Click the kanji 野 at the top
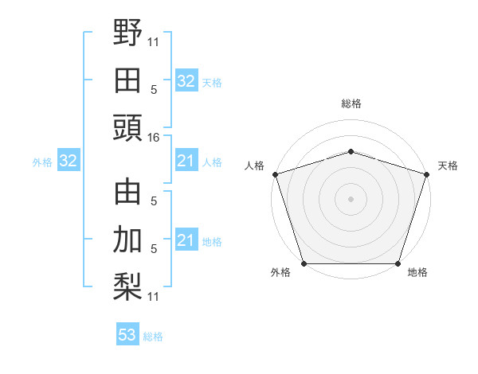[x=127, y=33]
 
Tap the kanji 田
[x=127, y=80]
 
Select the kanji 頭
[x=127, y=127]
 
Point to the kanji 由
[x=127, y=193]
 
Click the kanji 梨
[x=127, y=286]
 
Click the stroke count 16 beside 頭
[x=154, y=138]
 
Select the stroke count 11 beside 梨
[x=154, y=296]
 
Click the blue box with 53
[x=127, y=335]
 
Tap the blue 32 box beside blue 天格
[x=186, y=81]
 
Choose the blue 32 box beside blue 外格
[x=68, y=162]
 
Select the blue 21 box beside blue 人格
[x=186, y=162]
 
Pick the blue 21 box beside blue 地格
[x=186, y=240]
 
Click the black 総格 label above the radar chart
[x=351, y=103]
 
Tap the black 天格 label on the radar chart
[x=448, y=166]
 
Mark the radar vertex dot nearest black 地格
[x=398, y=263]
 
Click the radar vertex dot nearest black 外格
[x=304, y=263]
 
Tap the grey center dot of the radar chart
[x=351, y=198]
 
